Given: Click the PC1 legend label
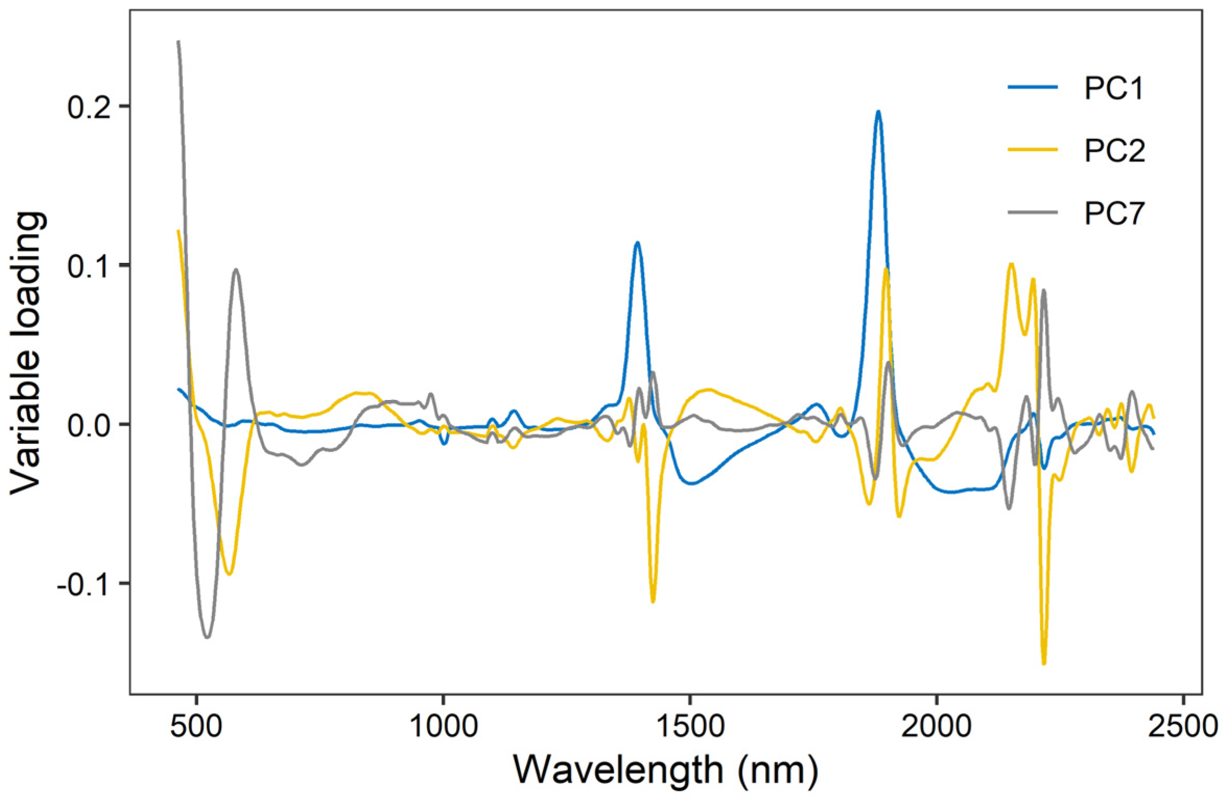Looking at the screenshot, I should [x=1113, y=88].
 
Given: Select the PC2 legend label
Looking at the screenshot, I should [x=1114, y=151].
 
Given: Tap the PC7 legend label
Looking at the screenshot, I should [x=1114, y=213].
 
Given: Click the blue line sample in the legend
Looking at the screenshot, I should [x=1032, y=87].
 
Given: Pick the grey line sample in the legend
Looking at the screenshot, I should [x=1032, y=212].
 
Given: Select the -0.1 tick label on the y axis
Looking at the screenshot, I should [x=84, y=585].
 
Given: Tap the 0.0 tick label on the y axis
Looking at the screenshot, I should [x=89, y=426].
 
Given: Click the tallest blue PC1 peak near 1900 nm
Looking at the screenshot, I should [x=878, y=112].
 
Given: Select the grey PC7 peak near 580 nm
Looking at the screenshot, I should [x=236, y=270].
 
